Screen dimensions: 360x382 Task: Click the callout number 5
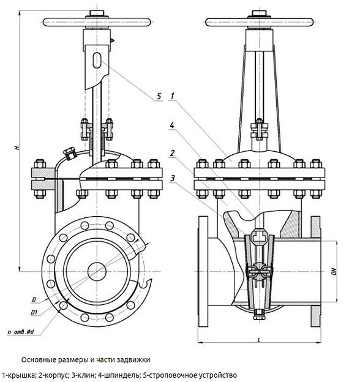pyautogui.click(x=159, y=96)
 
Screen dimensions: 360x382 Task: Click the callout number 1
pyautogui.click(x=173, y=96)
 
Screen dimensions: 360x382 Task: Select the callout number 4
pyautogui.click(x=172, y=125)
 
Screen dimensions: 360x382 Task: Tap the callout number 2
pyautogui.click(x=172, y=153)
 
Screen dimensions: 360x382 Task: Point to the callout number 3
pyautogui.click(x=173, y=179)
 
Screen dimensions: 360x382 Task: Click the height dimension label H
pyautogui.click(x=17, y=148)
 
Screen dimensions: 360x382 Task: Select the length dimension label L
pyautogui.click(x=259, y=340)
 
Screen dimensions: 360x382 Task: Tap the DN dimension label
pyautogui.click(x=334, y=272)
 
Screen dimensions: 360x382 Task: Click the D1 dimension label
pyautogui.click(x=34, y=312)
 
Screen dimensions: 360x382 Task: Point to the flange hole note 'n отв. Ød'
pyautogui.click(x=21, y=332)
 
